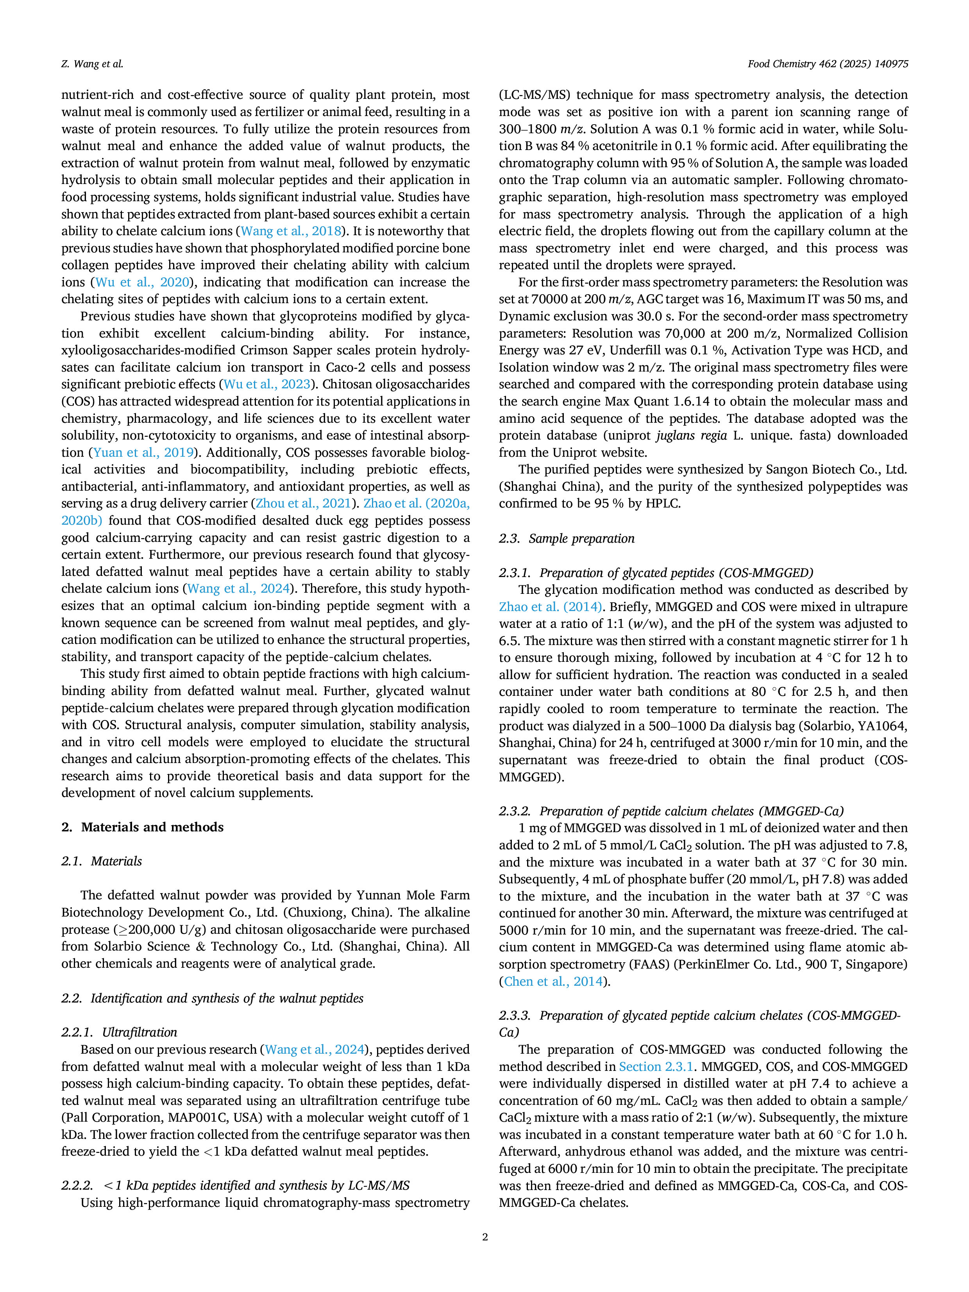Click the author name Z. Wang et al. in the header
click(x=92, y=64)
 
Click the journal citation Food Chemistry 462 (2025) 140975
click(x=828, y=64)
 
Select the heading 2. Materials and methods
click(x=143, y=827)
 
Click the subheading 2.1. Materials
click(x=102, y=861)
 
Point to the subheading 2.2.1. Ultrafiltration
click(x=119, y=1032)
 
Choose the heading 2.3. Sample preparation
click(x=567, y=538)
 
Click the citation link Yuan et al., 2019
click(x=144, y=453)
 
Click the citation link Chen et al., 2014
click(x=553, y=981)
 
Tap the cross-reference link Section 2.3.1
click(x=656, y=1067)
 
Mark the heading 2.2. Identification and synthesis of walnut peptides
click(x=213, y=998)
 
